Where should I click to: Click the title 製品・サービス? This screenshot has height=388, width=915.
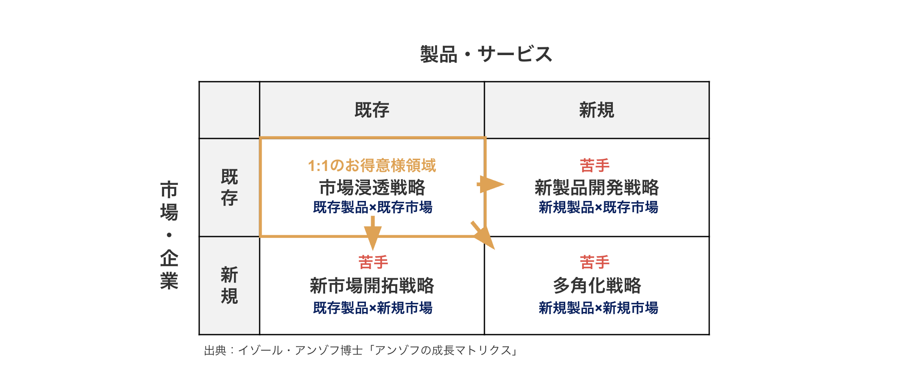pyautogui.click(x=486, y=55)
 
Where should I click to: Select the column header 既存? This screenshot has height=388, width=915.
pyautogui.click(x=372, y=110)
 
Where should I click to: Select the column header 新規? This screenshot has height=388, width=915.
pyautogui.click(x=596, y=110)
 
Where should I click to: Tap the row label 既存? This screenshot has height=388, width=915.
pyautogui.click(x=229, y=187)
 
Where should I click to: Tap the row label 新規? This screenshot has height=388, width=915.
pyautogui.click(x=229, y=286)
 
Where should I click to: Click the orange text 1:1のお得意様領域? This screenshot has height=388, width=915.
pyautogui.click(x=372, y=165)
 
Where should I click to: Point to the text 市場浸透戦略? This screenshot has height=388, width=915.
pyautogui.click(x=372, y=187)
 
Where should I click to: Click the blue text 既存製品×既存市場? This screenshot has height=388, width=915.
pyautogui.click(x=372, y=207)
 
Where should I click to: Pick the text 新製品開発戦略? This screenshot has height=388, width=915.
pyautogui.click(x=596, y=187)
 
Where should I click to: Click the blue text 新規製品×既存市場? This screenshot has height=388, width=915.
pyautogui.click(x=598, y=207)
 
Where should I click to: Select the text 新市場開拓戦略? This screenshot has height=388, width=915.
pyautogui.click(x=372, y=286)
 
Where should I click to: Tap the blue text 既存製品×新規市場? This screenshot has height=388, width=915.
pyautogui.click(x=372, y=308)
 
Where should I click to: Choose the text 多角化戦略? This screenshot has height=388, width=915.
pyautogui.click(x=596, y=286)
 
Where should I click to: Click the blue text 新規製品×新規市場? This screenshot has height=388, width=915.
pyautogui.click(x=598, y=308)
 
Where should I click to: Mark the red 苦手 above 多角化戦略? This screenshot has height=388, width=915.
pyautogui.click(x=595, y=262)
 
